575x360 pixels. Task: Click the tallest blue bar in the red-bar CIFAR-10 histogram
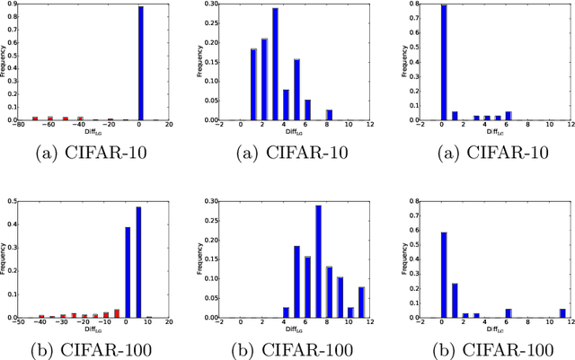(140, 63)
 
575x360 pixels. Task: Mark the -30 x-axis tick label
(62, 322)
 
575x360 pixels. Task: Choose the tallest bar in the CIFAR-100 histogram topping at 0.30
(318, 261)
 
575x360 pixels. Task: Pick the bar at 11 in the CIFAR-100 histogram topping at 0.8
(562, 312)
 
